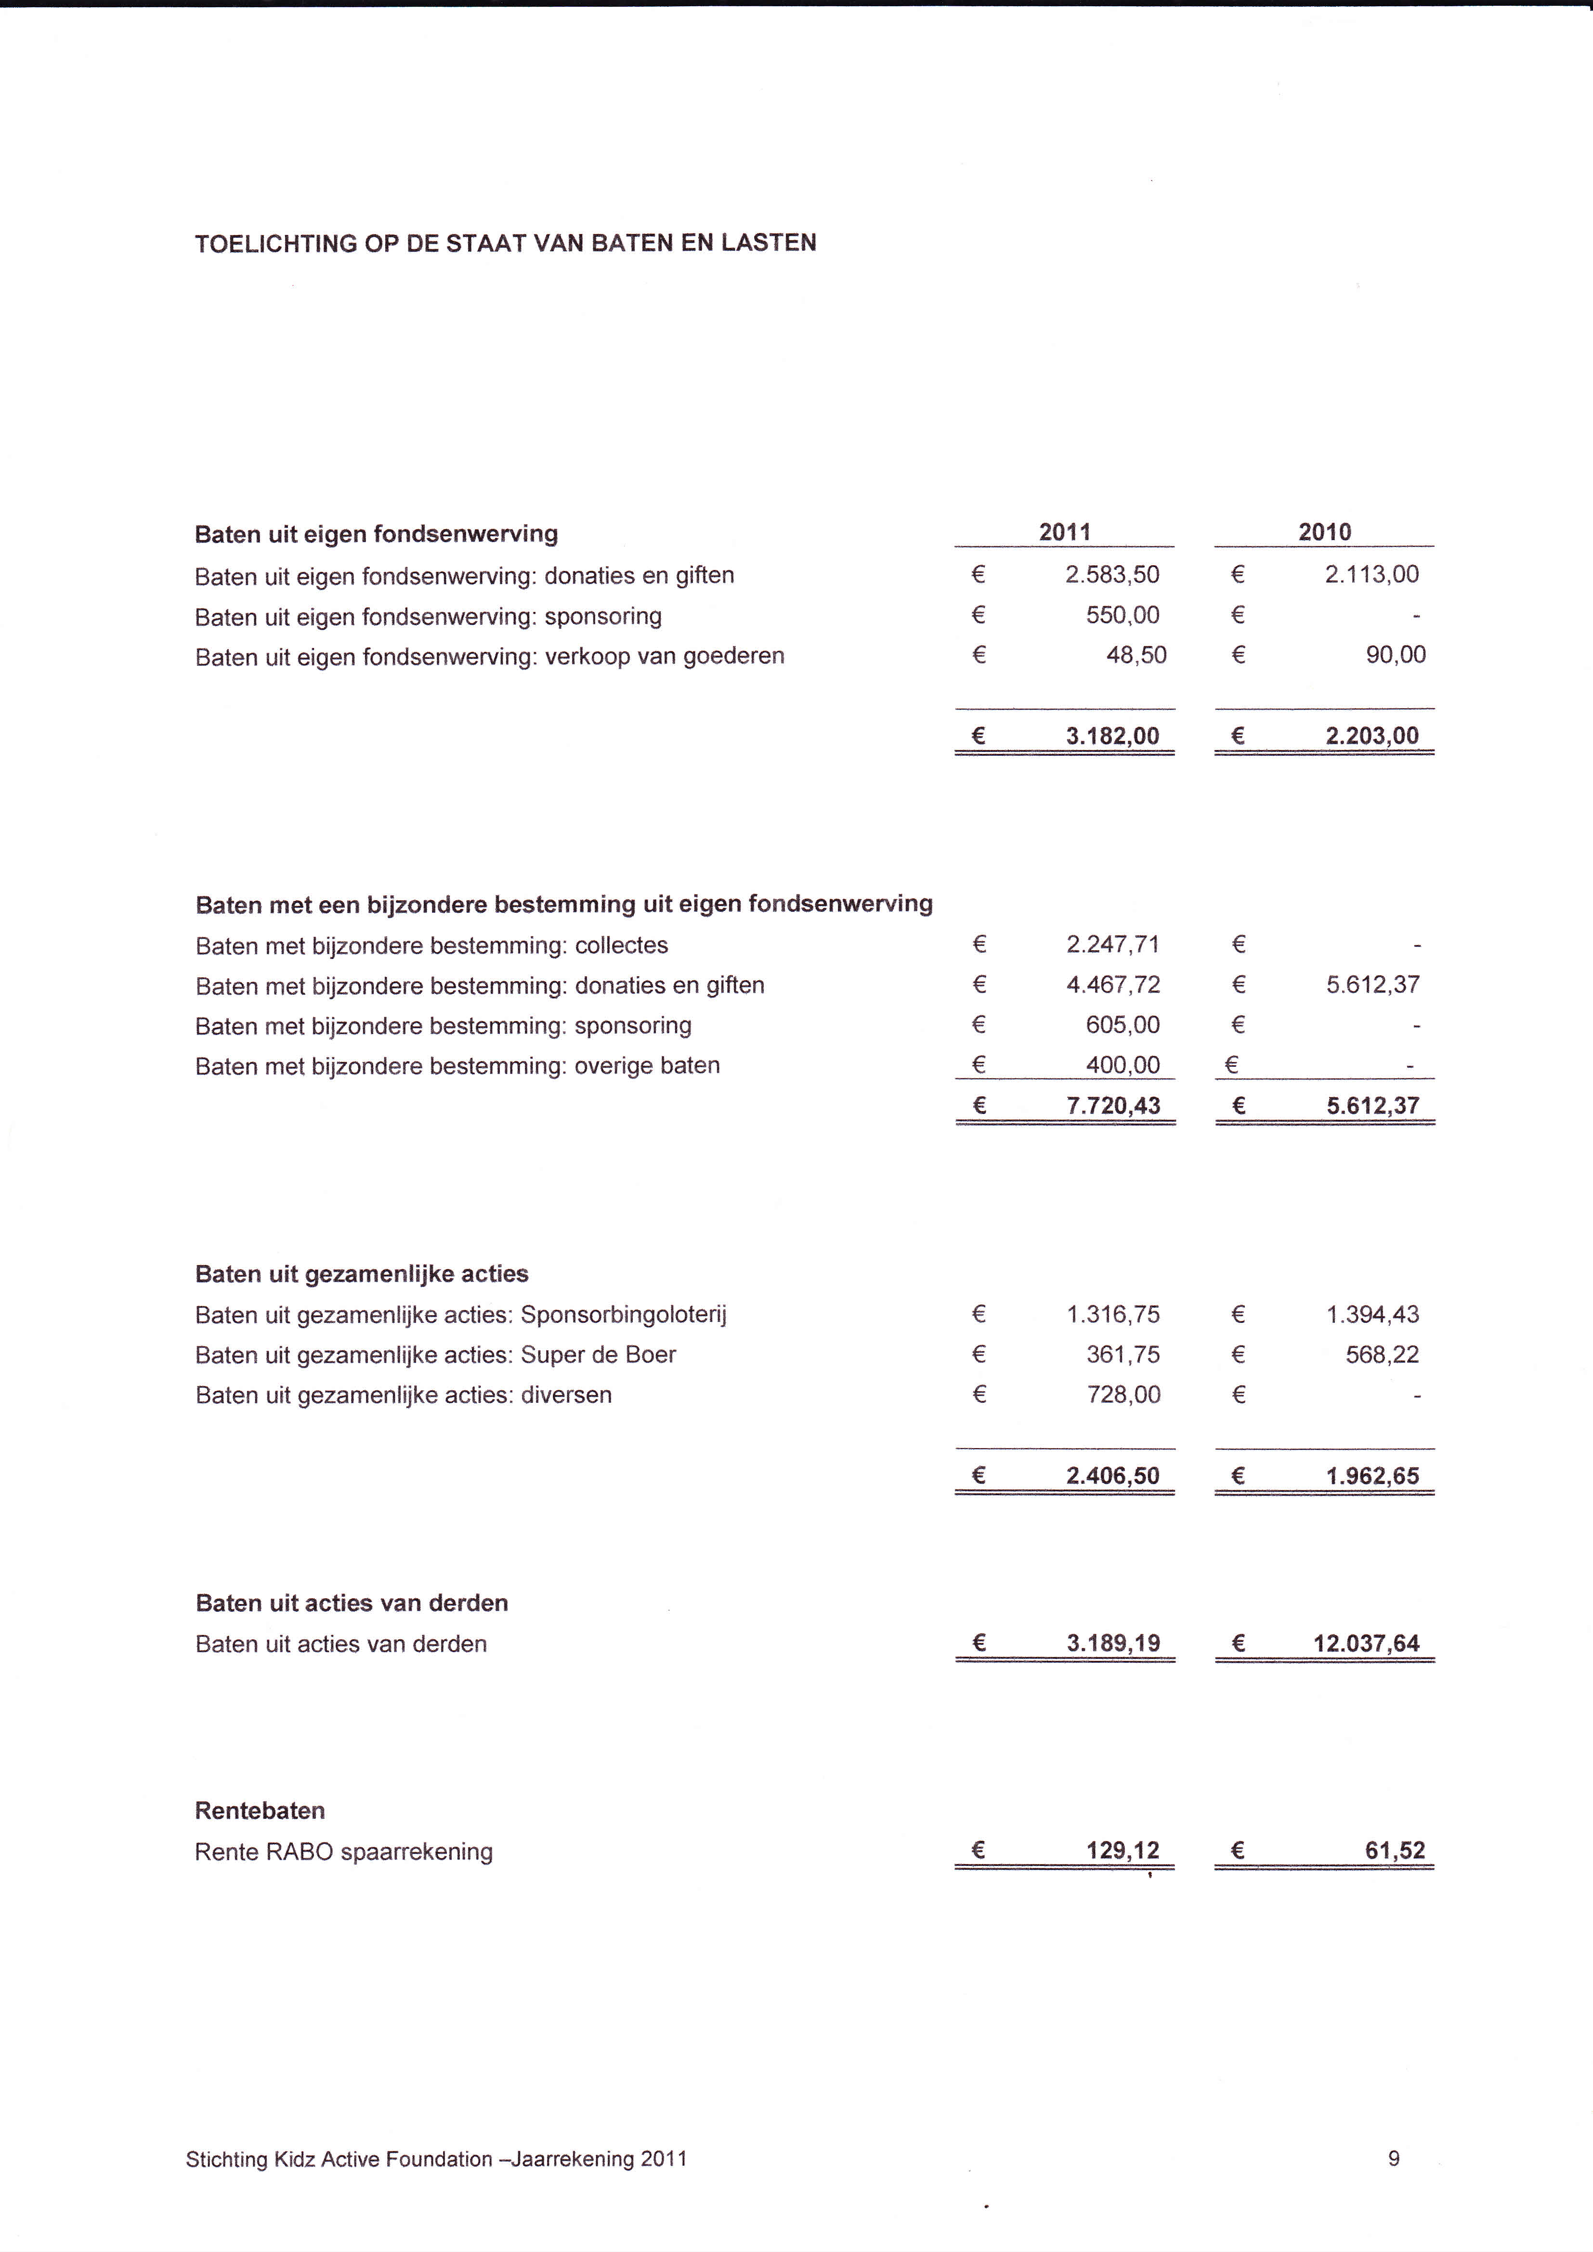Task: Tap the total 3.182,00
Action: pyautogui.click(x=1112, y=736)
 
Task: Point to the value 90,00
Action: pyautogui.click(x=1396, y=655)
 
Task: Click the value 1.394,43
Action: pyautogui.click(x=1372, y=1314)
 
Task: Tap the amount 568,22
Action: pyautogui.click(x=1382, y=1355)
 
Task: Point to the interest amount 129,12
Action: pyautogui.click(x=1123, y=1851)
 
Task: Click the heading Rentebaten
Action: pyautogui.click(x=260, y=1811)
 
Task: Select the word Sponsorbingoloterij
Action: pyautogui.click(x=624, y=1314)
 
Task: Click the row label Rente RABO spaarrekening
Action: pyautogui.click(x=343, y=1852)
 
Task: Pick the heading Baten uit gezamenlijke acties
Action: pyautogui.click(x=362, y=1274)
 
